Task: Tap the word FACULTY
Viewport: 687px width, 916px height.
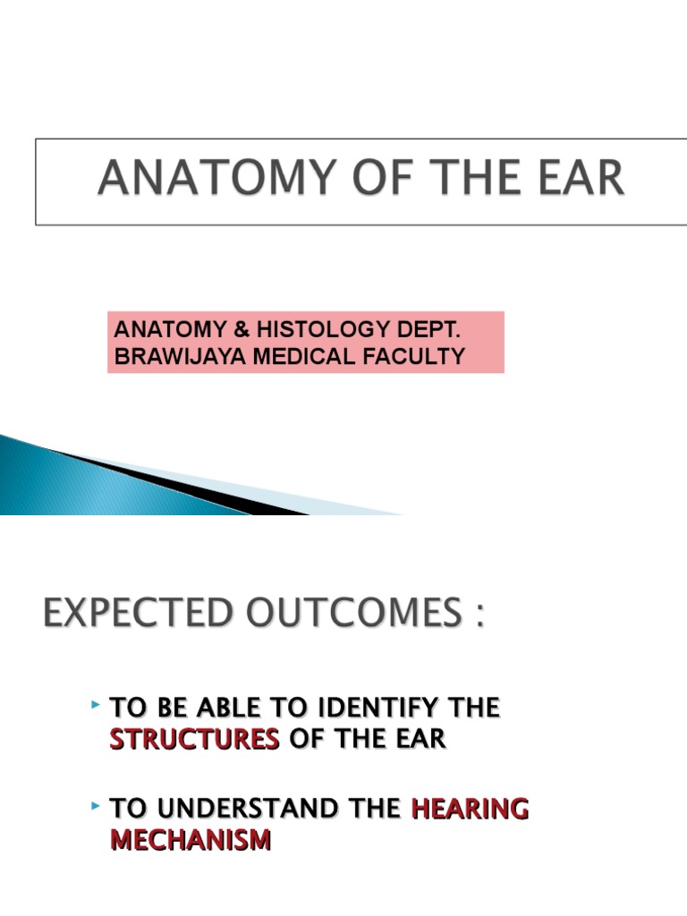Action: point(418,356)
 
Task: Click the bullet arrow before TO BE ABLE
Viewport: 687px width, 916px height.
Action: point(95,707)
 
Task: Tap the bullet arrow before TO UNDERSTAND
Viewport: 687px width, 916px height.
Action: point(95,807)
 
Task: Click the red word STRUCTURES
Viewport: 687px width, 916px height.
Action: point(194,741)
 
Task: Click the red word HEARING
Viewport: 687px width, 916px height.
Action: point(470,809)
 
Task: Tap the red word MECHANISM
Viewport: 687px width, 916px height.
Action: point(190,841)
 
